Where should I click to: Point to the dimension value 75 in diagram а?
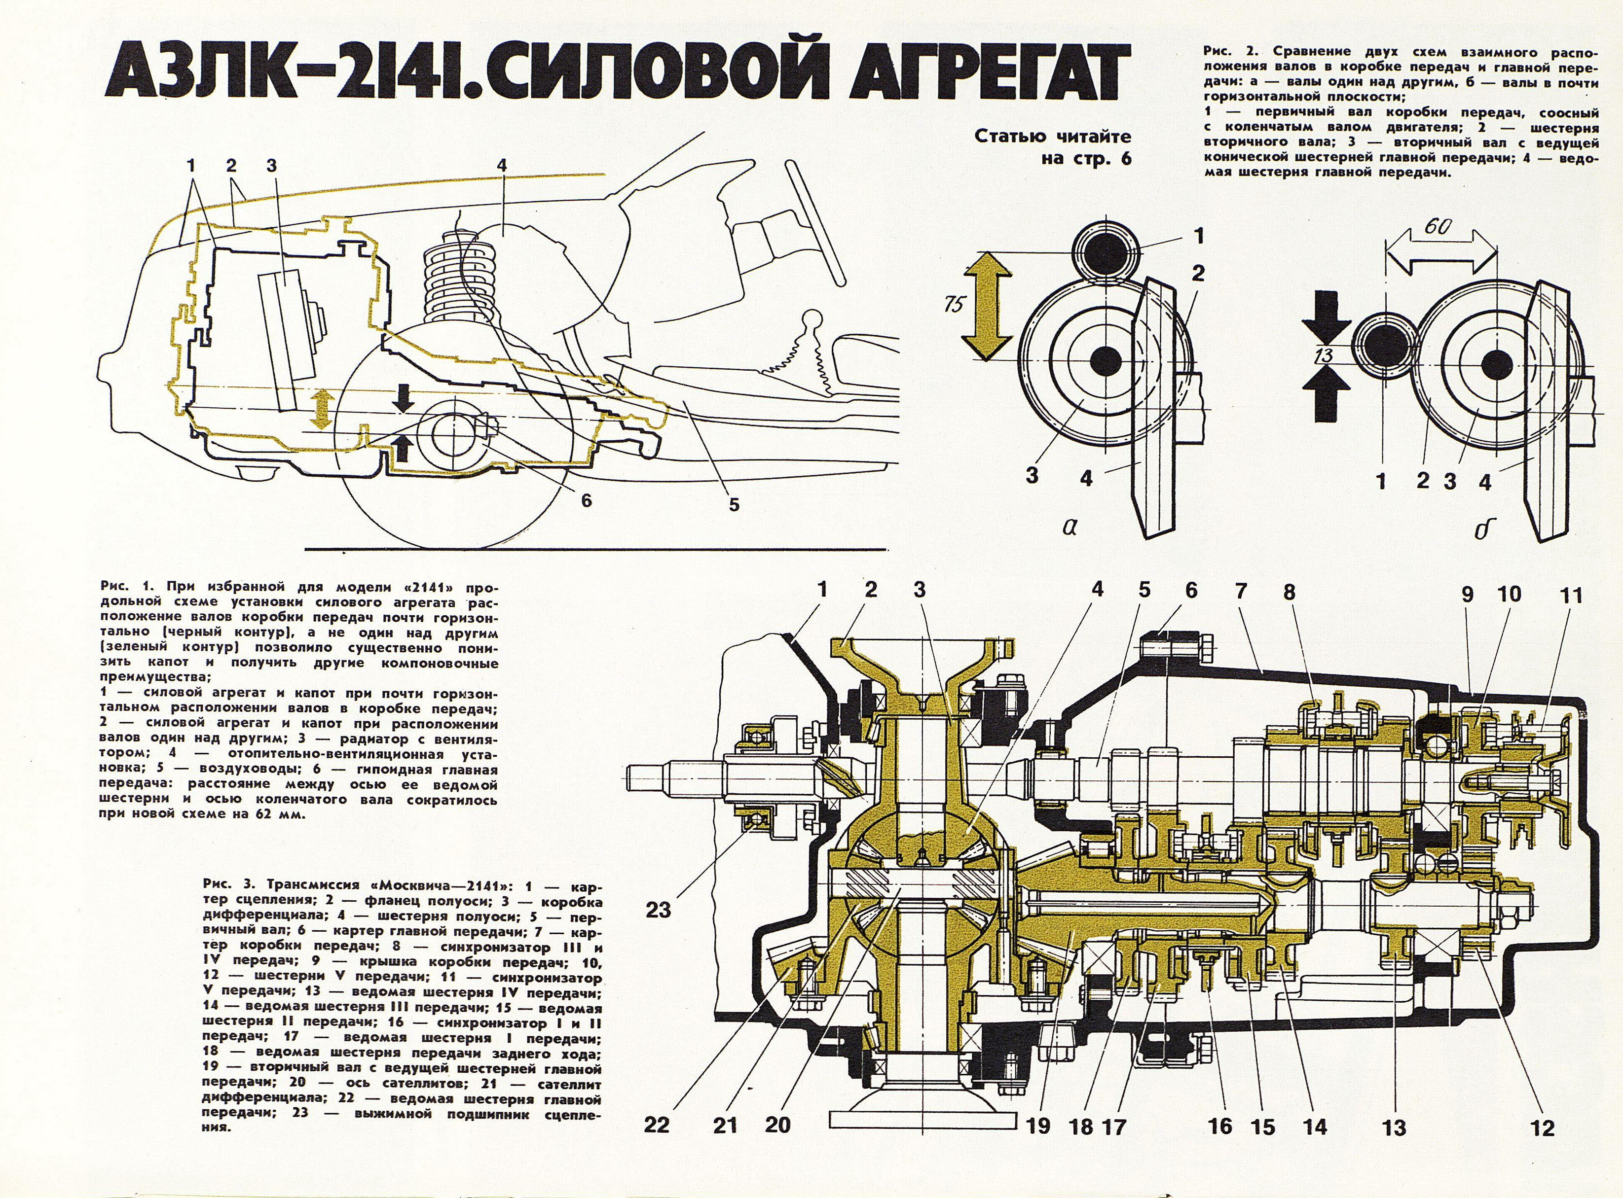(x=954, y=305)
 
